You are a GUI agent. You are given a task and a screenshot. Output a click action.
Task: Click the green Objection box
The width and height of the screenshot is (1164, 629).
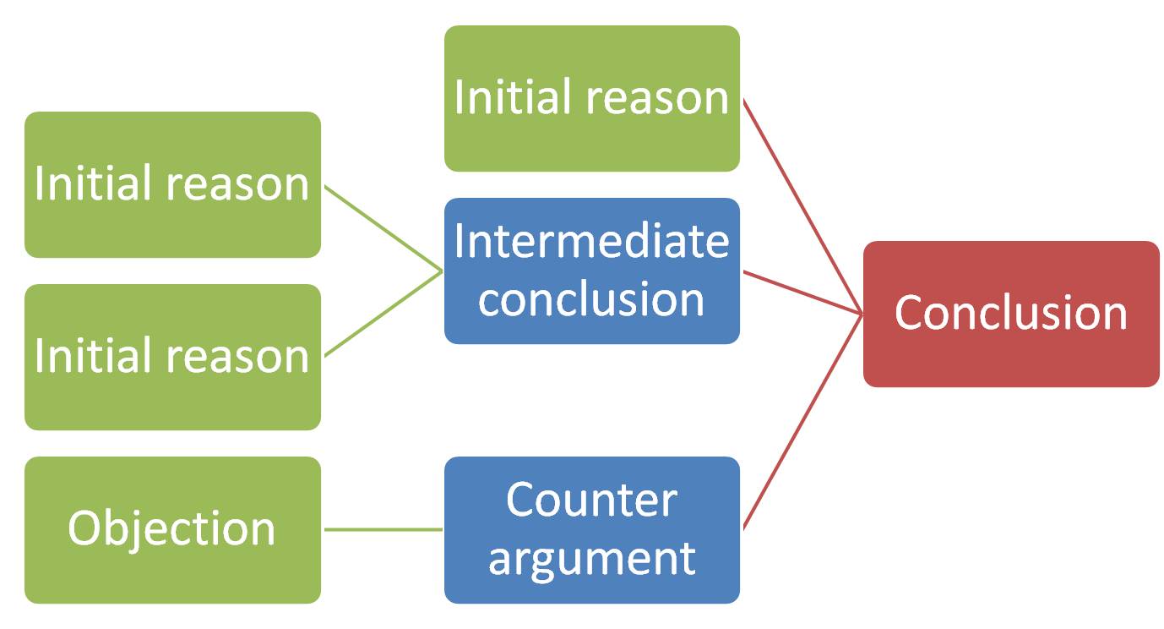pyautogui.click(x=172, y=529)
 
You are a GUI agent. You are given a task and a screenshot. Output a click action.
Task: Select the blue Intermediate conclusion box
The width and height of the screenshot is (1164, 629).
pyautogui.click(x=592, y=271)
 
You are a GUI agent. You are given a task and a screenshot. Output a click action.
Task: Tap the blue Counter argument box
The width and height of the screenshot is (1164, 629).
pyautogui.click(x=592, y=529)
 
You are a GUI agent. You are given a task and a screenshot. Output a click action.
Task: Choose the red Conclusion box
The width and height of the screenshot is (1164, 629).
pyautogui.click(x=1011, y=314)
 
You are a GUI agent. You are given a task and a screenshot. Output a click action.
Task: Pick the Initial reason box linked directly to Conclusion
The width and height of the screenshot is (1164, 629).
pyautogui.click(x=592, y=98)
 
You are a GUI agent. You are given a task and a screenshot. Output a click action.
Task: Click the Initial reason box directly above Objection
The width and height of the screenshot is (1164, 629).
pyautogui.click(x=172, y=357)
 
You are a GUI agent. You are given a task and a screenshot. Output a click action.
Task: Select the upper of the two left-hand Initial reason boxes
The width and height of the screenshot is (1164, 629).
pyautogui.click(x=172, y=184)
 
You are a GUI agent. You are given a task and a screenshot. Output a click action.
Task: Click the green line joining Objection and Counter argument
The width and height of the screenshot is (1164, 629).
pyautogui.click(x=383, y=529)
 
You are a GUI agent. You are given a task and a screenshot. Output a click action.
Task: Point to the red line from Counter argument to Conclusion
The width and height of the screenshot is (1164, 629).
pyautogui.click(x=802, y=421)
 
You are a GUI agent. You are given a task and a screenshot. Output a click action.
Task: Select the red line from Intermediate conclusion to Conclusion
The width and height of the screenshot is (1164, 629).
pyautogui.click(x=802, y=293)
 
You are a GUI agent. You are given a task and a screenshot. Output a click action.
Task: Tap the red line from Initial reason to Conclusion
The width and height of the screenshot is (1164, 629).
pyautogui.click(x=802, y=206)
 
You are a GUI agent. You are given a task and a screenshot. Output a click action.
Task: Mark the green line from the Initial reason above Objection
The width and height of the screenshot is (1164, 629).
pyautogui.click(x=383, y=314)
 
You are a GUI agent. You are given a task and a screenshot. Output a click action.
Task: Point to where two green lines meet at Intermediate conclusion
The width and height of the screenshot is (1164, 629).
pyautogui.click(x=442, y=271)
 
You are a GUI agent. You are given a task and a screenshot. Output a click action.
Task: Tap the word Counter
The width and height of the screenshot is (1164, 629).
pyautogui.click(x=591, y=500)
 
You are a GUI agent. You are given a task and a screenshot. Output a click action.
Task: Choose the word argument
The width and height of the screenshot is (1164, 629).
pyautogui.click(x=591, y=560)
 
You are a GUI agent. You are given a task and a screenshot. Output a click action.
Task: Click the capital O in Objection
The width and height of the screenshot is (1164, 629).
pyautogui.click(x=84, y=528)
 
